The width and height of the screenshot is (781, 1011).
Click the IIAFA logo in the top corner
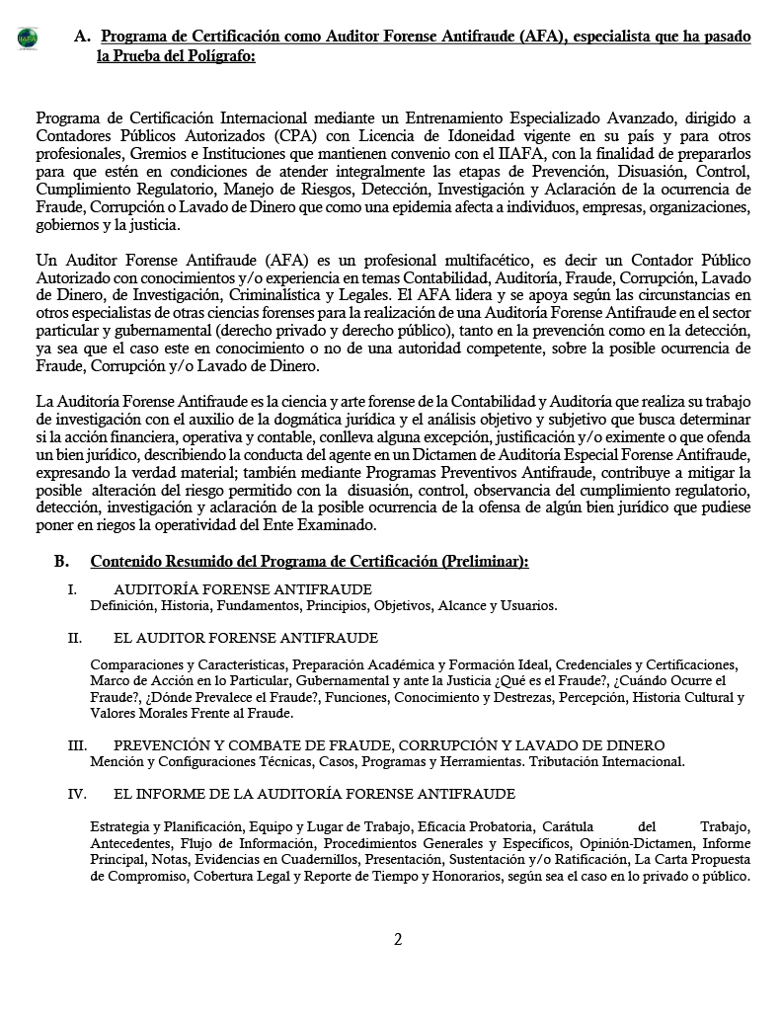pos(28,38)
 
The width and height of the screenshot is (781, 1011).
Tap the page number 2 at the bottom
pos(398,939)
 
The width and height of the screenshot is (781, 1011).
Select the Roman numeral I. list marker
pos(72,589)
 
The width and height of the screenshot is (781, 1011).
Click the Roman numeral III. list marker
pos(77,745)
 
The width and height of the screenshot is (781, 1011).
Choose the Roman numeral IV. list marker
pos(77,793)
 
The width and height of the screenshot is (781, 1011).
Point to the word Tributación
pos(568,761)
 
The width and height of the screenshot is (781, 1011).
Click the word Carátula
pos(569,826)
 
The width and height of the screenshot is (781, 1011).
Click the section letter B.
pos(61,561)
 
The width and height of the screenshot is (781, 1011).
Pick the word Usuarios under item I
pos(526,605)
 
